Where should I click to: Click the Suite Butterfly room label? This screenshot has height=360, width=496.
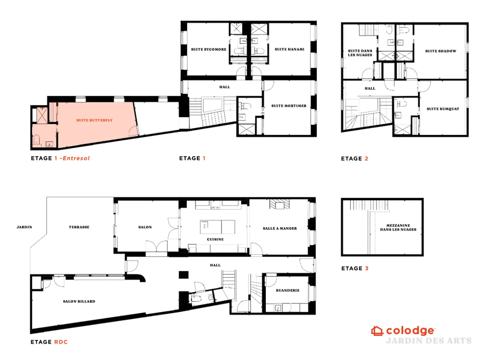94,120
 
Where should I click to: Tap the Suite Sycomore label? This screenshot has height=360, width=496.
209,49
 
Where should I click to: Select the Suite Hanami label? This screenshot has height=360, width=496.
289,49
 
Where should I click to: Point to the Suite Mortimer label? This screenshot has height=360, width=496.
289,106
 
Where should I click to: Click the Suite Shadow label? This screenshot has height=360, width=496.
441,51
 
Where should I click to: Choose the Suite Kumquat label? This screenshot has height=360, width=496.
443,109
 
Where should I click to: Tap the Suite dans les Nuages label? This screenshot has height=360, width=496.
360,53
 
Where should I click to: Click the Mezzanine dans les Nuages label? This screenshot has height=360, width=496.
398,228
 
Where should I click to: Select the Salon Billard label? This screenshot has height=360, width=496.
79,301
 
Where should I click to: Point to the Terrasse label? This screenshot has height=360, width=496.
79,227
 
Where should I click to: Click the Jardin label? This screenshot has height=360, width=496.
24,227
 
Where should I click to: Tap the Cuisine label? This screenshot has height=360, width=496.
216,239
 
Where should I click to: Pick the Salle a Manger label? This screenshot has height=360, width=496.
280,228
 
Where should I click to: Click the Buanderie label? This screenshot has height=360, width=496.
288,291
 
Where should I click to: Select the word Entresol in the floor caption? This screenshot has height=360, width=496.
76,158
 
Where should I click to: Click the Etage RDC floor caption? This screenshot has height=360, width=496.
49,342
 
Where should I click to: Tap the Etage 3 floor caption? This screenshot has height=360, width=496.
355,268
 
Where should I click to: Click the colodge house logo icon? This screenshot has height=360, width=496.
377,331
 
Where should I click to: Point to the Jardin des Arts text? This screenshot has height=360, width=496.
429,341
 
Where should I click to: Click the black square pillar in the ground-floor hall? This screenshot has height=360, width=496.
184,275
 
